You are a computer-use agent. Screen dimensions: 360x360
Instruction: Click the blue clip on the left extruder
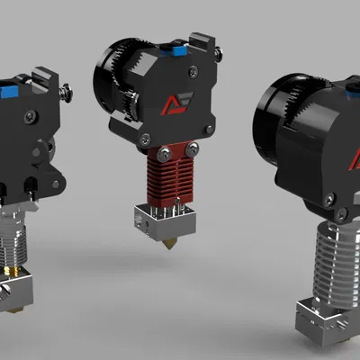(x=9, y=90)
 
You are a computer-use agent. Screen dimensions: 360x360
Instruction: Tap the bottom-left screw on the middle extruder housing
(x=144, y=138)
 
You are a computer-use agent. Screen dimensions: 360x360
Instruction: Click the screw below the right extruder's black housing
(x=342, y=214)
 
